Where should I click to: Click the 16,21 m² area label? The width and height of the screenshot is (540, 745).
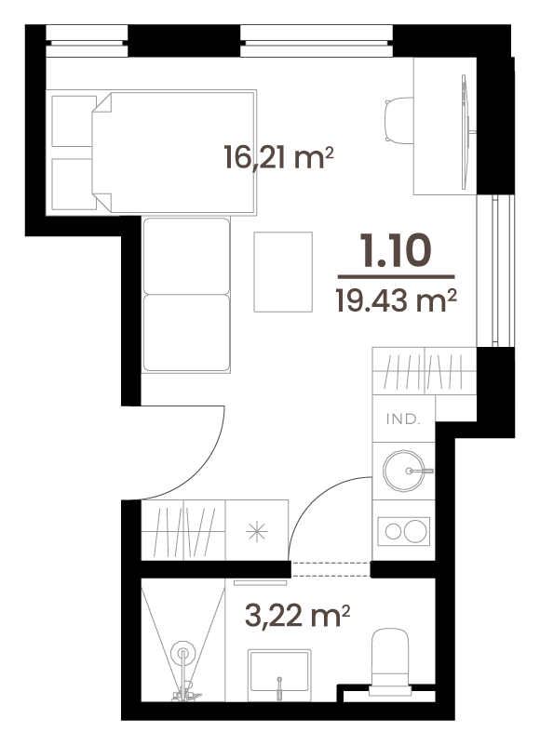pos(278,158)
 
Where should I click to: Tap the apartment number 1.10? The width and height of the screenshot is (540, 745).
pos(396,250)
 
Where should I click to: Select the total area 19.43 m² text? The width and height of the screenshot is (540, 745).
pos(397,300)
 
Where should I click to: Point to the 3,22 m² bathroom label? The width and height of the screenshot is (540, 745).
pos(297,616)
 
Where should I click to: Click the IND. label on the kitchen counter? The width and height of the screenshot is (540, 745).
pos(403,419)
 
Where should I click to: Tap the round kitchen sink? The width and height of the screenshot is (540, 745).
pos(404,471)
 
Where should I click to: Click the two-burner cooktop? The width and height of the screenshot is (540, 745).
pos(404,531)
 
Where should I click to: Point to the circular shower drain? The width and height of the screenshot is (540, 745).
pos(183,654)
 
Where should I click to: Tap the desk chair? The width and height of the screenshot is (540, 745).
pos(398,120)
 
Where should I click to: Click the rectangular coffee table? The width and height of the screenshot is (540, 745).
pos(283,272)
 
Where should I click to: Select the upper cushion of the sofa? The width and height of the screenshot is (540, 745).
pos(186,256)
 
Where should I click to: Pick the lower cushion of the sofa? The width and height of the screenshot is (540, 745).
pos(186,333)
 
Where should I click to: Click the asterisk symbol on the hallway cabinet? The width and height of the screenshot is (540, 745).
pos(257,531)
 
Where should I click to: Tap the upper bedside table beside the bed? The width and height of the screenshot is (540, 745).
pos(74,121)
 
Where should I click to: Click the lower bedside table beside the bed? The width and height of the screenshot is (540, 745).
pos(74,184)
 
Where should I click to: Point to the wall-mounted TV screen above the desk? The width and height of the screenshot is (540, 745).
pos(466,132)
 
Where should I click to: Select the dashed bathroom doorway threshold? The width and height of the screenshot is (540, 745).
pos(331,569)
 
